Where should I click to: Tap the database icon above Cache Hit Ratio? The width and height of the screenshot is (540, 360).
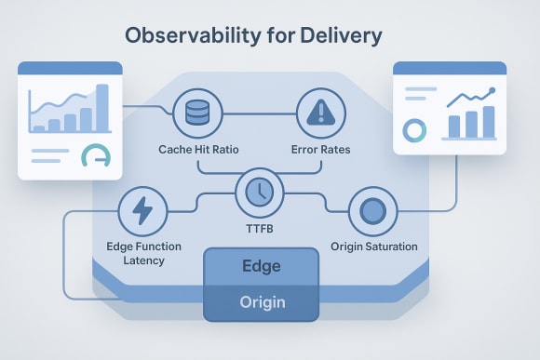tap(196, 113)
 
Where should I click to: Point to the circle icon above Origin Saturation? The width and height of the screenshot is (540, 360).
tap(372, 211)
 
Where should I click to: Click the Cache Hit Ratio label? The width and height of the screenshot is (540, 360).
tap(197, 150)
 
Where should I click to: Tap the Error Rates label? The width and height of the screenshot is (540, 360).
tap(321, 150)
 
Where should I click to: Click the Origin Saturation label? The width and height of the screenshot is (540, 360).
tap(373, 247)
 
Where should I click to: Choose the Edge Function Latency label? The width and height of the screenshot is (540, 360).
tap(144, 253)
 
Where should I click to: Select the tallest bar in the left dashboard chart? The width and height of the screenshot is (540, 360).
tap(101, 108)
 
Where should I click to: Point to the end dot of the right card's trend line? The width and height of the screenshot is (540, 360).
tap(493, 90)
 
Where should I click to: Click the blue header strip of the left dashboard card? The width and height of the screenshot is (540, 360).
tap(71, 69)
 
